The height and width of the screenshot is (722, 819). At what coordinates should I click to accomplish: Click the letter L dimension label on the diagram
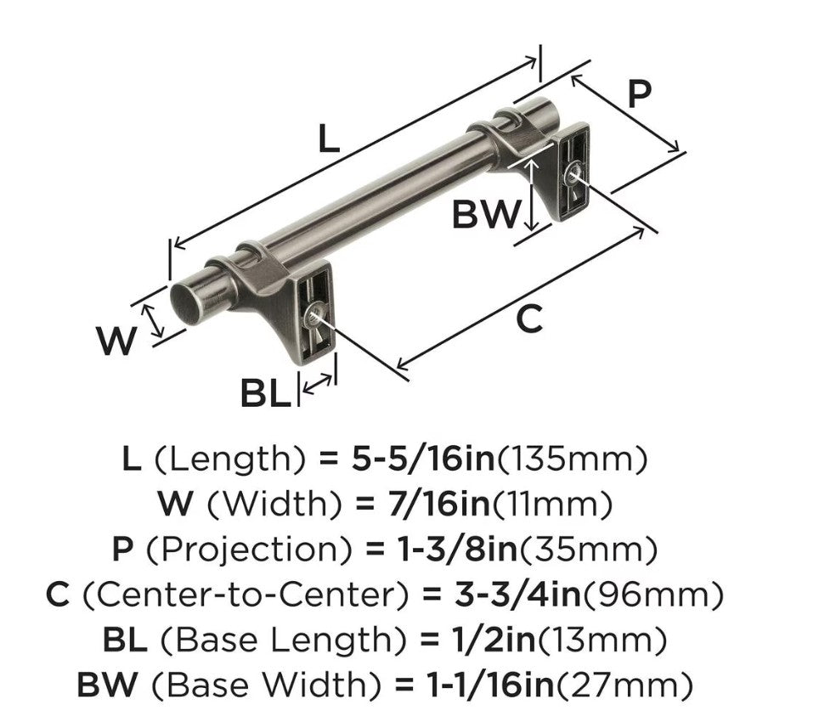click(329, 139)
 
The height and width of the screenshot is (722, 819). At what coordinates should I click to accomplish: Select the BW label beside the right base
click(486, 215)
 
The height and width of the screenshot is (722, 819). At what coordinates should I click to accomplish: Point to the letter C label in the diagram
click(529, 319)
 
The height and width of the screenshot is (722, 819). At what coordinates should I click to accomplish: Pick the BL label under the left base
click(265, 393)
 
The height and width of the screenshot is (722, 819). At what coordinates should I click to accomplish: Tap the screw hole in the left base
click(313, 314)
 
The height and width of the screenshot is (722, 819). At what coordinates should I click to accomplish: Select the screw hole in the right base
click(573, 174)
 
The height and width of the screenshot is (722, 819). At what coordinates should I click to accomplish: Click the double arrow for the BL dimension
click(317, 384)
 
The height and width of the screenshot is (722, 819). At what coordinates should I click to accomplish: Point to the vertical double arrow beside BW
click(531, 195)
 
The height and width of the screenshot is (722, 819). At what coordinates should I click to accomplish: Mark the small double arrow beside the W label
click(154, 321)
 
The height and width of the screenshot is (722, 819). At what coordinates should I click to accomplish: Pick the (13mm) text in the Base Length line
click(602, 640)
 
